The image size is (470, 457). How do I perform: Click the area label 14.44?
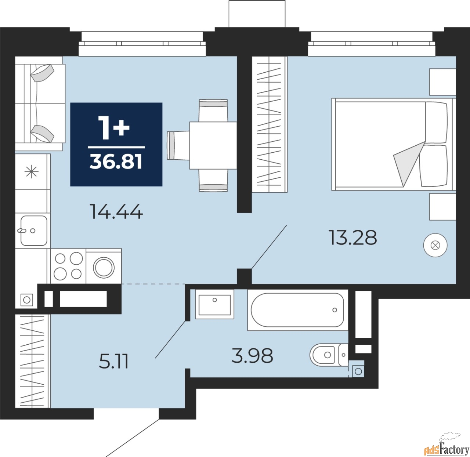coord(116,211)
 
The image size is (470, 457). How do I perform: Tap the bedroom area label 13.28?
coord(353,238)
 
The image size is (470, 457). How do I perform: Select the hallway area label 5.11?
coord(113,362)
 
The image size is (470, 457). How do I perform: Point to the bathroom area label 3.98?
coord(252,355)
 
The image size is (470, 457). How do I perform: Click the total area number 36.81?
coord(116,162)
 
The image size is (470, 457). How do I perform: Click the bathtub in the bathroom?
coord(297,310)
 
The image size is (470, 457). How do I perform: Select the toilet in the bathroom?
coord(329,355)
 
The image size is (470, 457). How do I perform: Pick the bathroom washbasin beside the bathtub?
coord(214,304)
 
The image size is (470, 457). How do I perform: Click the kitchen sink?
coord(33,231)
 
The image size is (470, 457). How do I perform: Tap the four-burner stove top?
coord(68,266)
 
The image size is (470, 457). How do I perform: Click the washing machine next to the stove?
coord(104,266)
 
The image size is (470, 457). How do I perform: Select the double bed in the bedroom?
coord(393,144)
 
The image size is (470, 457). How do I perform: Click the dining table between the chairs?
coord(213,145)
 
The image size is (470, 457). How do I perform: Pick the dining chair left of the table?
coord(178,145)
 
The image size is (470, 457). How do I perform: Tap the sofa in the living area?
coord(40,104)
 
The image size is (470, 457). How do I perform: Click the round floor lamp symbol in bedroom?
coord(435,245)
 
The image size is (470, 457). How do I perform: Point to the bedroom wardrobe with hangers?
coord(270,124)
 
